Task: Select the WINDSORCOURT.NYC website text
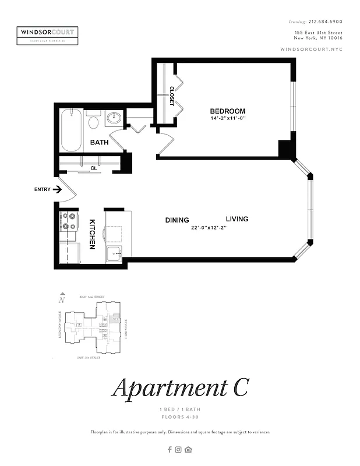tap(311, 50)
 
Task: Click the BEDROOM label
tap(228, 111)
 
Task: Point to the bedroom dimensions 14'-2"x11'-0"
tap(229, 119)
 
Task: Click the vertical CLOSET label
tap(172, 96)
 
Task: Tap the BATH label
tap(99, 142)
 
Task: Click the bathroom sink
tap(114, 118)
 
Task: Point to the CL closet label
tap(93, 168)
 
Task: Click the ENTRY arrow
tap(57, 189)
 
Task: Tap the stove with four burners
tap(69, 220)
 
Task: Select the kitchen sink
tap(114, 252)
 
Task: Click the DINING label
tap(177, 220)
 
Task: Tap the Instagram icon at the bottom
tap(179, 449)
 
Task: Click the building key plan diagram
tap(93, 326)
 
